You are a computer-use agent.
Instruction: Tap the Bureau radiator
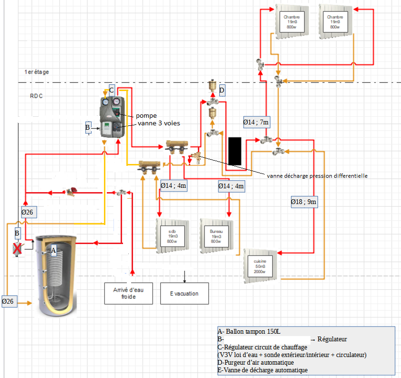pyautogui.click(x=216, y=235)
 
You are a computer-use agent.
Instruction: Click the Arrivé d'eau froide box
pyautogui.click(x=128, y=293)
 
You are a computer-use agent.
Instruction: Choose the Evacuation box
pyautogui.click(x=184, y=293)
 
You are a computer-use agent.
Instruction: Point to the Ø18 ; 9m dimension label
pyautogui.click(x=304, y=202)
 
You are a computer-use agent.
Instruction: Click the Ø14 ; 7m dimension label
pyautogui.click(x=256, y=123)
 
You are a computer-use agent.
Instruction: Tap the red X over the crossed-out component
pyautogui.click(x=18, y=248)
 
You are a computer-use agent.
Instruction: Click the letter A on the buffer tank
pyautogui.click(x=53, y=250)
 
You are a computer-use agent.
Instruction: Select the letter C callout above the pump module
pyautogui.click(x=112, y=90)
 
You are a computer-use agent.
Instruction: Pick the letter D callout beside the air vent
pyautogui.click(x=222, y=90)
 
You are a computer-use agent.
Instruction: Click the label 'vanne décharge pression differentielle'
pyautogui.click(x=317, y=175)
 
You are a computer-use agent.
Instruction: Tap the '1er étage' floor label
pyautogui.click(x=37, y=72)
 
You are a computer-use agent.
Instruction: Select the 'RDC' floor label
pyautogui.click(x=37, y=96)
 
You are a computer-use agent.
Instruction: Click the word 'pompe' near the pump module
pyautogui.click(x=146, y=116)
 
